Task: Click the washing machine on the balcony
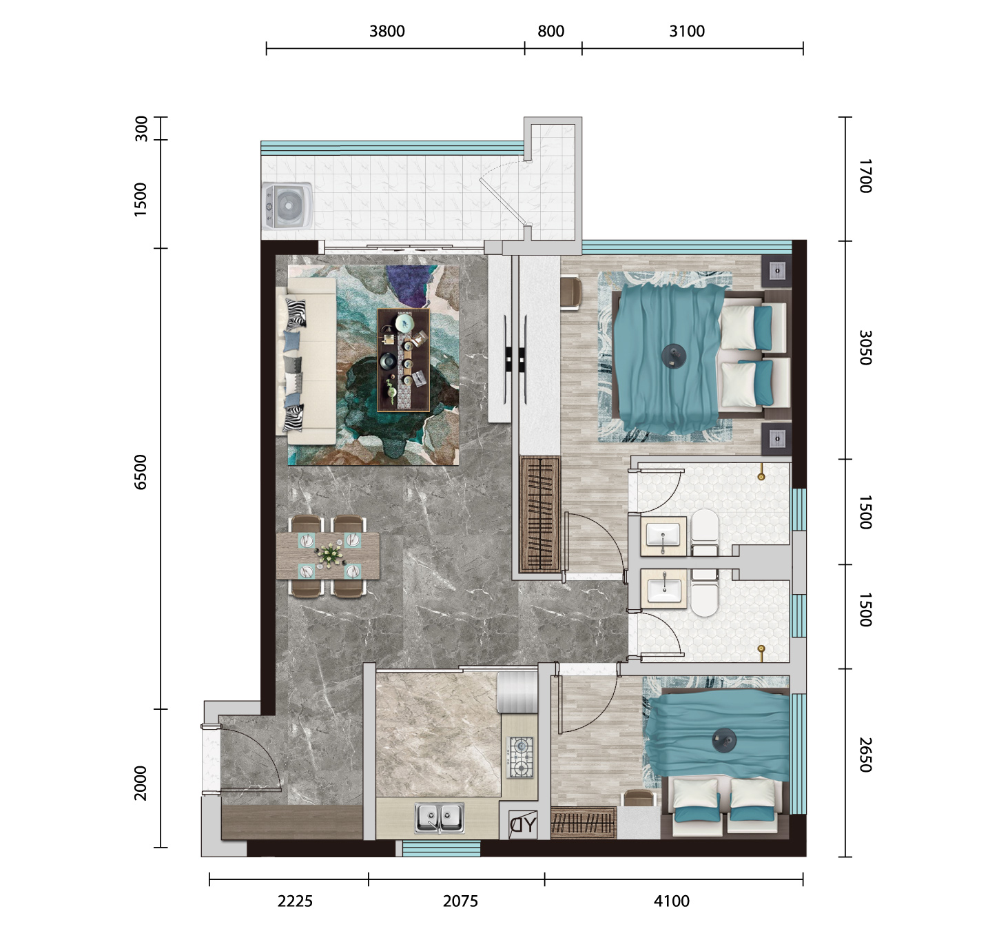click(x=287, y=206)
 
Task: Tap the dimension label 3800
click(x=387, y=31)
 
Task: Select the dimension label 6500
click(x=141, y=471)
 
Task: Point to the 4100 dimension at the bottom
click(x=672, y=901)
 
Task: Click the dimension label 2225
click(x=295, y=901)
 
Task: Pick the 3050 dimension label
click(x=865, y=348)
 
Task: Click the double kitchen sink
click(x=439, y=818)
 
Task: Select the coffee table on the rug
click(x=404, y=360)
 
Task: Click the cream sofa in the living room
click(x=306, y=361)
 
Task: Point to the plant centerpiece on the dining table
click(x=329, y=555)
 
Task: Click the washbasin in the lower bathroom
click(x=664, y=590)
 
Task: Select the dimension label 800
click(x=550, y=31)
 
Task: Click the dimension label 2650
click(x=865, y=755)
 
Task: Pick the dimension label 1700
click(x=865, y=176)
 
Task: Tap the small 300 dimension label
click(x=141, y=128)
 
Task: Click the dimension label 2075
click(x=460, y=901)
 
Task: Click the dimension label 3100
click(x=687, y=31)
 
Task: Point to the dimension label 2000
click(x=141, y=783)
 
